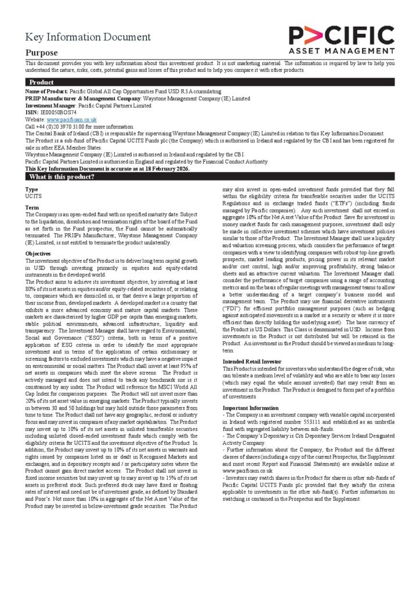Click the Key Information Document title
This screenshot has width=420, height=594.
(x=88, y=38)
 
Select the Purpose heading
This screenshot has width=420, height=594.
(x=41, y=53)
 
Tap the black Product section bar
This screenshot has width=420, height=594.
(x=209, y=82)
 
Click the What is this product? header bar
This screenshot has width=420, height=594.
(x=209, y=177)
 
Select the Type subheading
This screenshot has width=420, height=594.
(x=31, y=189)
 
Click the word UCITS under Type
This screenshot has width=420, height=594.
(x=33, y=196)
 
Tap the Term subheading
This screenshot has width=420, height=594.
(x=32, y=208)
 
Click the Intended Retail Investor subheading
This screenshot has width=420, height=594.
(x=252, y=361)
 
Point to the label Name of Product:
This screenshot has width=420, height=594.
(x=46, y=92)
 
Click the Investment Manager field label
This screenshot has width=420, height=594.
(x=50, y=106)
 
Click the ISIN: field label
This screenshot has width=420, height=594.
(x=31, y=113)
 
